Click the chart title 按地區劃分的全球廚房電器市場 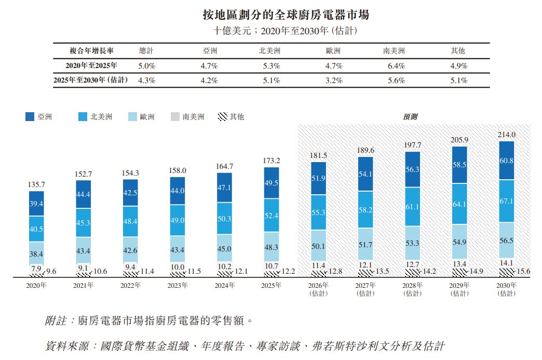(x=286, y=15)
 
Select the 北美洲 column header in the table (x=269, y=51)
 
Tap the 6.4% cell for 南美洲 (x=396, y=65)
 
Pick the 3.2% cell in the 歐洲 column (x=334, y=80)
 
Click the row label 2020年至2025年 (x=91, y=65)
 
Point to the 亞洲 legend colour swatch (x=30, y=116)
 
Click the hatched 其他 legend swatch (x=223, y=116)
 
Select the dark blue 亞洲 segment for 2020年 (x=36, y=204)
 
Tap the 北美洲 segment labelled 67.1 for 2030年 (x=506, y=201)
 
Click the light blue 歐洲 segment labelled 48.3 (x=272, y=247)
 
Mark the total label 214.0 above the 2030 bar (x=506, y=135)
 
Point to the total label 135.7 (x=36, y=184)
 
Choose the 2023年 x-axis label (x=178, y=285)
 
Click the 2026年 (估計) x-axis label (x=318, y=289)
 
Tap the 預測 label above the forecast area (x=410, y=116)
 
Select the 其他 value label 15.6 (x=523, y=272)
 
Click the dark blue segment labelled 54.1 (x=365, y=174)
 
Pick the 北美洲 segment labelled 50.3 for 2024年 (x=224, y=219)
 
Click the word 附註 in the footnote (x=56, y=321)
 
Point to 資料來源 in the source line (x=67, y=346)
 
